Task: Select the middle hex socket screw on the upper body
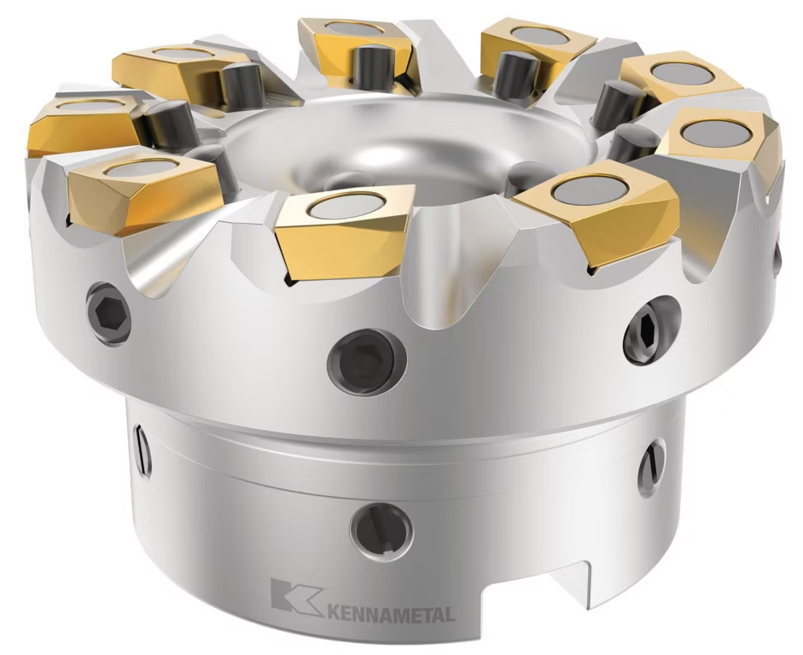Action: click(x=367, y=357)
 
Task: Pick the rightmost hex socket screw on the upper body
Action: click(x=652, y=330)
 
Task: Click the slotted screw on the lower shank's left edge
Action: click(x=143, y=449)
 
